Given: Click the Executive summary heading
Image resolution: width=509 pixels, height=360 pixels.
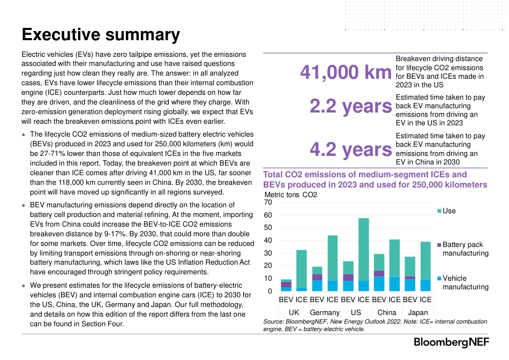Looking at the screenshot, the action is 101,35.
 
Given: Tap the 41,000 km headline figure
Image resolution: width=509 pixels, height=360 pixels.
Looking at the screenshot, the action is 346,72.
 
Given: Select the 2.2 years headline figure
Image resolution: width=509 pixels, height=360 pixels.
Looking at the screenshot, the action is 351,106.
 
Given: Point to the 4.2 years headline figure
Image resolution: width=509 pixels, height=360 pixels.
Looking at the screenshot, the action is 351,149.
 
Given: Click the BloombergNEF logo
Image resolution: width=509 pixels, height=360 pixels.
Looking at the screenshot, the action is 451,342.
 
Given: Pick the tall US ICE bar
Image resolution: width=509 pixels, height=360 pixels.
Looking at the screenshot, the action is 364,254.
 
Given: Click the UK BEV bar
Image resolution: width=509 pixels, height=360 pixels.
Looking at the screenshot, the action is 286,285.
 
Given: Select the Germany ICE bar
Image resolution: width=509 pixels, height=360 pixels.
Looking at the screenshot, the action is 332,263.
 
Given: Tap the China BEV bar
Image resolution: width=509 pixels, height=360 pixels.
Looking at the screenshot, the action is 379,273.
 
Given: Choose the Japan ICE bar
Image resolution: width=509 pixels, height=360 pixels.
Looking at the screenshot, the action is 425,266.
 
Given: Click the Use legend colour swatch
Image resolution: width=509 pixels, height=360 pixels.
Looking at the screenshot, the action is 439,211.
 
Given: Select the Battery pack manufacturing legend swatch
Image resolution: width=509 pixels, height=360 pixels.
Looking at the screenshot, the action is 439,245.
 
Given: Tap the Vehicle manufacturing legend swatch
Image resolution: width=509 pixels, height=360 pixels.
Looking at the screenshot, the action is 439,279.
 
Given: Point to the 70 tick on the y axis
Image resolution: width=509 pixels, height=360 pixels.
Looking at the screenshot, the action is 268,202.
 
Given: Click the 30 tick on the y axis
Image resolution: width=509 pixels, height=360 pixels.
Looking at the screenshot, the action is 268,253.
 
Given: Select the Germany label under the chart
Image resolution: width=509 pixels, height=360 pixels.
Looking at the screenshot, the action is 325,313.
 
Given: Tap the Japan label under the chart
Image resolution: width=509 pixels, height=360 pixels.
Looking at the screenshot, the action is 418,313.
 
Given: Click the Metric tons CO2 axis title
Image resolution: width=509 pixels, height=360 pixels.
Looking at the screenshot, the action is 290,195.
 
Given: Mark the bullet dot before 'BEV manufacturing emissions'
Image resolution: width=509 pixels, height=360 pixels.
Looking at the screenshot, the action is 24,206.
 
